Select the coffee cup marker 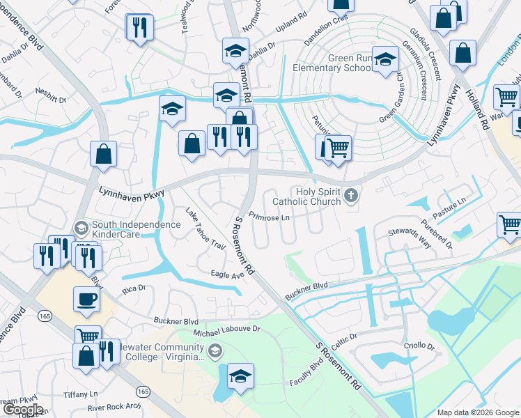[x=86, y=299]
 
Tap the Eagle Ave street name [x=228, y=274]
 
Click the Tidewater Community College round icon [x=215, y=350]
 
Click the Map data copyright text [x=477, y=412]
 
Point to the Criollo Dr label [x=419, y=346]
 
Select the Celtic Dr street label [x=344, y=336]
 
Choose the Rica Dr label [x=133, y=287]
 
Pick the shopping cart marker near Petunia [x=338, y=147]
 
